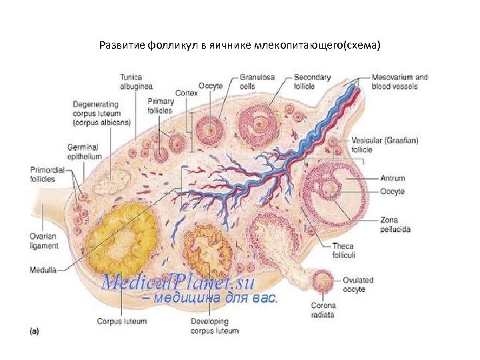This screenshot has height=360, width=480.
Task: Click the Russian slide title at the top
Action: tap(240, 45)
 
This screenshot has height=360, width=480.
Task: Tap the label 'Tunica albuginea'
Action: tap(137, 81)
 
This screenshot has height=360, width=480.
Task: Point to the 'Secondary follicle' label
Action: tap(311, 81)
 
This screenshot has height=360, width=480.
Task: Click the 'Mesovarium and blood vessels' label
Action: tap(399, 81)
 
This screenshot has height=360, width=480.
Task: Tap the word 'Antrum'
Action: tap(392, 179)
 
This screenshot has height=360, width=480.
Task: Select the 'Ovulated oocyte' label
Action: tap(358, 285)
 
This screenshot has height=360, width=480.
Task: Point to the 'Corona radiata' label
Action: tap(323, 310)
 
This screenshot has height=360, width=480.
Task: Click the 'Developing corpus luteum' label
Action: tap(214, 326)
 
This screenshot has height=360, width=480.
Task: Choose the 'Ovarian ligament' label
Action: tap(44, 241)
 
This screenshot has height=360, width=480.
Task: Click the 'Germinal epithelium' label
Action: tap(83, 151)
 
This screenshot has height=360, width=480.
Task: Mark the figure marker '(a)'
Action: tap(37, 329)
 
